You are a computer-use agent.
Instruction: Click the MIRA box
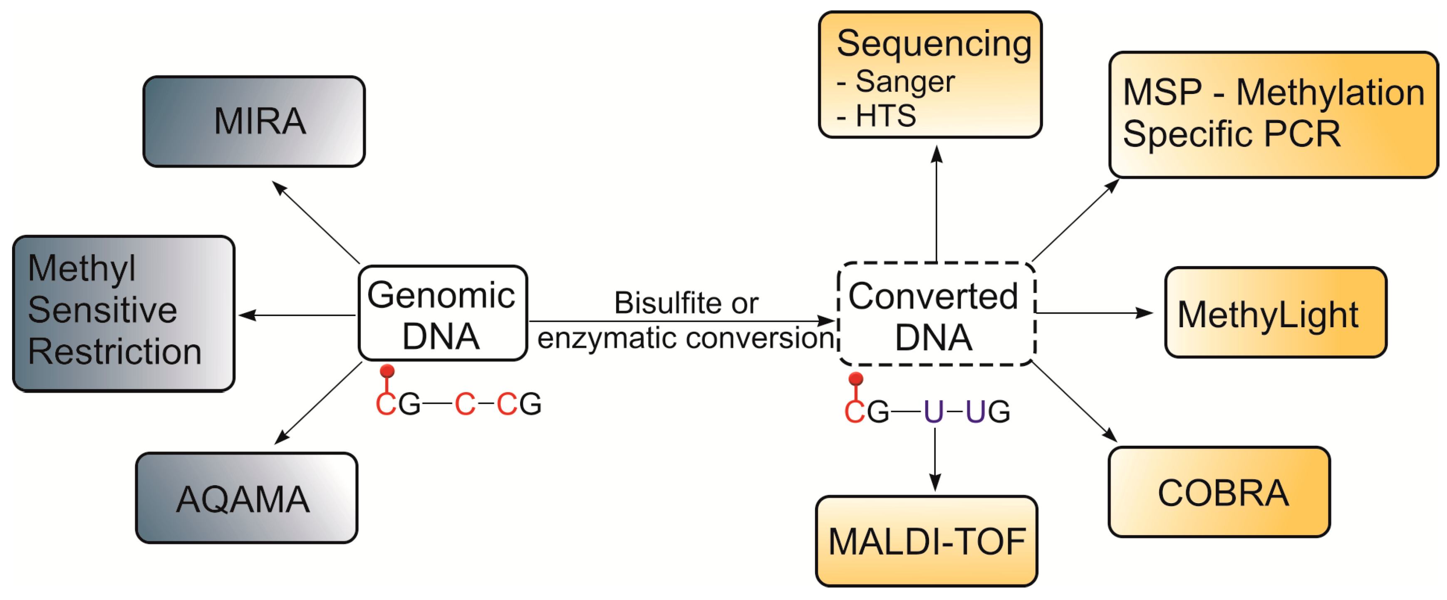click(x=254, y=122)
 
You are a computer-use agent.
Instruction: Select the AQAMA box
click(x=247, y=497)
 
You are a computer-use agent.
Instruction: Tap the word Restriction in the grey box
click(x=114, y=352)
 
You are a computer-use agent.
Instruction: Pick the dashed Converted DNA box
click(x=935, y=315)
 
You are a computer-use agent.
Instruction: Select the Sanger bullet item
click(x=904, y=82)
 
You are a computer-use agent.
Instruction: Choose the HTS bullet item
click(x=885, y=116)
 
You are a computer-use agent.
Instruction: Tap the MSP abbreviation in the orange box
click(x=1162, y=92)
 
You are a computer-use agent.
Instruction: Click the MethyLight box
click(x=1275, y=313)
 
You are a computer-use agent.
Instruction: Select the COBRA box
click(x=1219, y=492)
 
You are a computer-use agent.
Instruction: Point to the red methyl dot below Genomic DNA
click(x=387, y=371)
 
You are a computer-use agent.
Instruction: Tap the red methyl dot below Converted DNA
click(x=855, y=378)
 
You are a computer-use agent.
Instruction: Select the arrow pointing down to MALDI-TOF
click(x=935, y=457)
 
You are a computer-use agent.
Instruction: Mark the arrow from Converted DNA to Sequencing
click(x=937, y=202)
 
